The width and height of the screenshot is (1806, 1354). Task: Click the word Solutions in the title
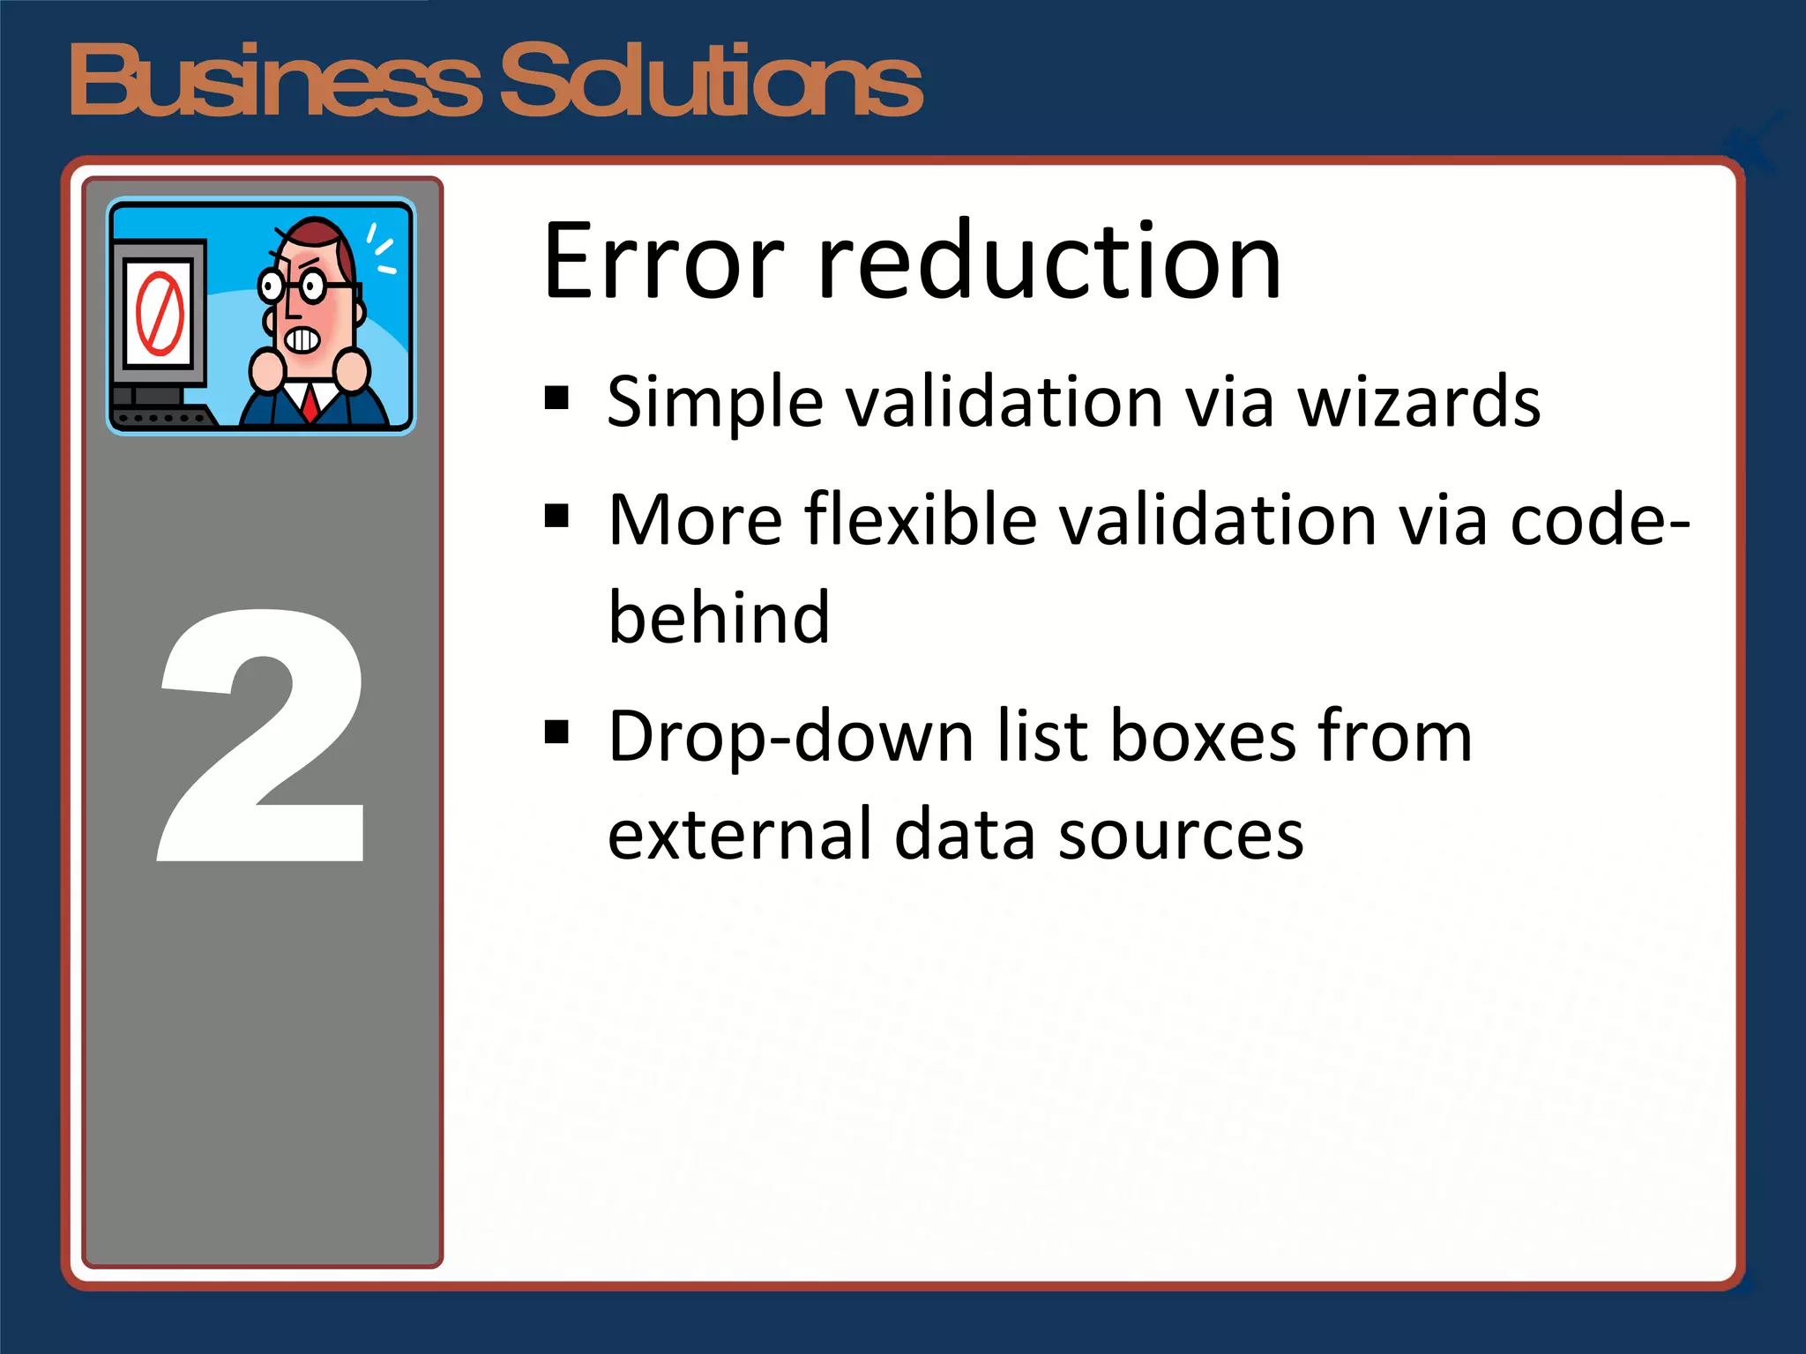tap(711, 81)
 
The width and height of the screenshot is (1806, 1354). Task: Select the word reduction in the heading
tap(1049, 263)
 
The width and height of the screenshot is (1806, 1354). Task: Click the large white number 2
tap(263, 736)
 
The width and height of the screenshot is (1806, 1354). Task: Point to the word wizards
tap(1419, 403)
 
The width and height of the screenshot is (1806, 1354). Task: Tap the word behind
tap(719, 617)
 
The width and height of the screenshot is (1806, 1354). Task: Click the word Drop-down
tap(790, 736)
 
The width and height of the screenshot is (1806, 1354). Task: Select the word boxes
tap(1203, 736)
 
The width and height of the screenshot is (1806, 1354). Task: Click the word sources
tap(1181, 834)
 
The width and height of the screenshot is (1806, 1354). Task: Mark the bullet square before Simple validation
tap(556, 399)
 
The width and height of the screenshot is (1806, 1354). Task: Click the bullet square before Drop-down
tap(556, 732)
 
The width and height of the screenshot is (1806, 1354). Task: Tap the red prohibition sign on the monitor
tap(160, 314)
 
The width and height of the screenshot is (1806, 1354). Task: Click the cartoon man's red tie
tap(310, 402)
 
